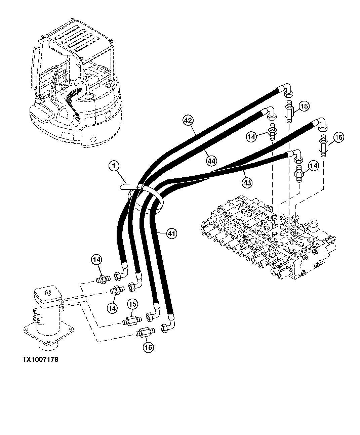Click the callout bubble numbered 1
pos(114,166)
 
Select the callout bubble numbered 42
pos(189,120)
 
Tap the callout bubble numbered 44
pos(211,162)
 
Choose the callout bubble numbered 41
pos(171,233)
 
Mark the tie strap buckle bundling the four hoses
pos(140,187)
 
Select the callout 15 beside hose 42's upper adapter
pos(304,106)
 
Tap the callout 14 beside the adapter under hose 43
pos(313,166)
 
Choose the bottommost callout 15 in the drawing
pos(148,347)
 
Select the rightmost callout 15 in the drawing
pos(338,137)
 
